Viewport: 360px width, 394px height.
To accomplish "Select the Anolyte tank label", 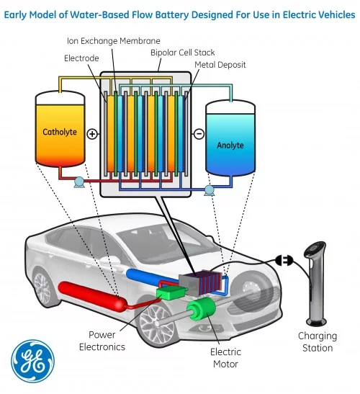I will (x=230, y=145).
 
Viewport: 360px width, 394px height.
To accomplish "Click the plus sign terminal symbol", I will (x=92, y=134).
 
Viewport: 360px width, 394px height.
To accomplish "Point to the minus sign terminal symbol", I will (x=199, y=134).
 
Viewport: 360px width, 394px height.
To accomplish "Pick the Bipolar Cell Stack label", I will (x=183, y=53).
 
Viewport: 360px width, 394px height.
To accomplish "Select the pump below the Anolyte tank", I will (x=210, y=190).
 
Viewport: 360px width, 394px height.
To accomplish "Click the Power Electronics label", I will (x=107, y=341).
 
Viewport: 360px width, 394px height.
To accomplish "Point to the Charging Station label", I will (x=318, y=341).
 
